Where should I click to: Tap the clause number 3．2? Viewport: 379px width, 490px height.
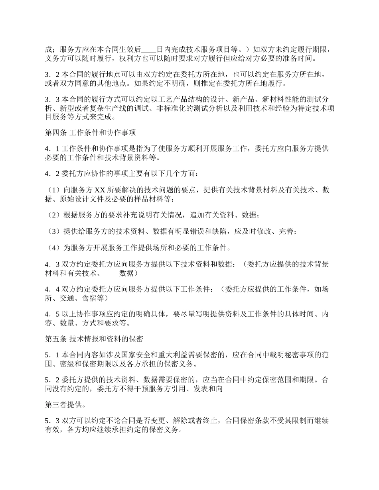pos(52,74)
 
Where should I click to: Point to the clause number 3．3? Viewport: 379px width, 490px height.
pos(52,99)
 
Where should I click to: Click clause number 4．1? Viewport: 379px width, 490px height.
pos(52,149)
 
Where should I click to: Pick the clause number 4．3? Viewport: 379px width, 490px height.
pos(52,264)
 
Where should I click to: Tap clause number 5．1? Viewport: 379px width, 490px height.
pos(52,355)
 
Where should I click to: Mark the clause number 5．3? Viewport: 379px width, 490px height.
pos(52,421)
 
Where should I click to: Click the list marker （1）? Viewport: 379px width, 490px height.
pos(53,190)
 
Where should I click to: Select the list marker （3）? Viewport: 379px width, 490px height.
pos(53,231)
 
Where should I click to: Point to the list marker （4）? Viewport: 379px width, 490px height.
pos(53,248)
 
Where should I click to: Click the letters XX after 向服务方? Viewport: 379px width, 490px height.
pos(100,190)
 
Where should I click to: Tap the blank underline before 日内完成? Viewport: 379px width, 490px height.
pos(149,50)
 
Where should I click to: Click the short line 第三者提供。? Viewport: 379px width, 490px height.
pos(64,405)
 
